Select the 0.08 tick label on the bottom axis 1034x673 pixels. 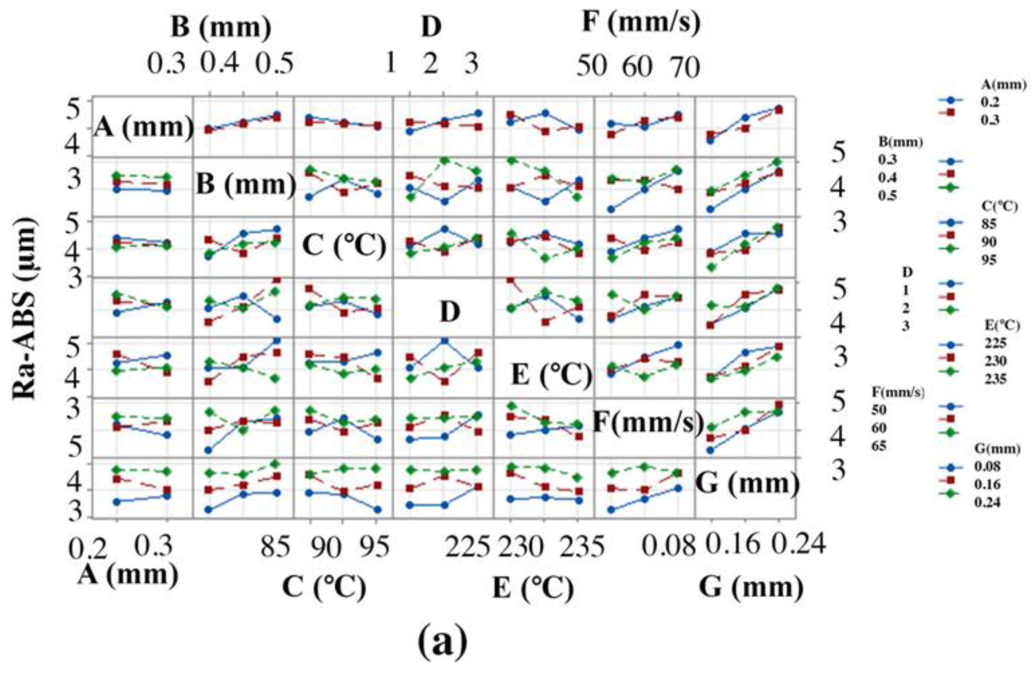[669, 547]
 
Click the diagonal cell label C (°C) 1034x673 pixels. [344, 246]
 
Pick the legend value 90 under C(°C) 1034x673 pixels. [992, 242]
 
